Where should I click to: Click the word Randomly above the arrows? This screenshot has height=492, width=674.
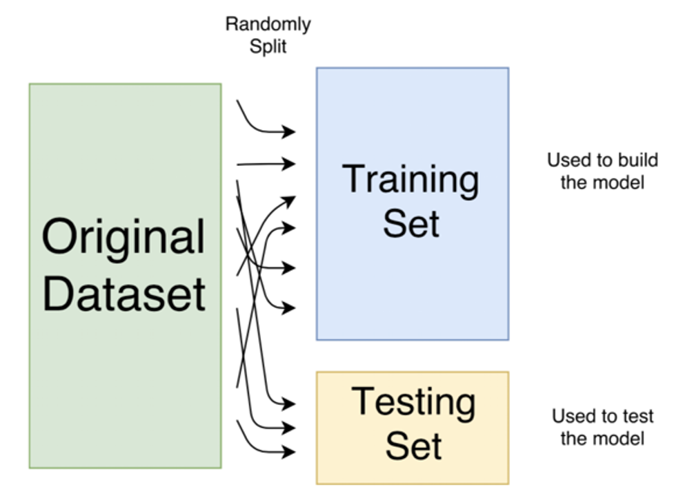click(268, 25)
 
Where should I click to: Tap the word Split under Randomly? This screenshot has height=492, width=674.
click(268, 46)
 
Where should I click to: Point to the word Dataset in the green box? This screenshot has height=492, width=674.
click(123, 294)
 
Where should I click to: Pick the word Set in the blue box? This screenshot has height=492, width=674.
click(411, 223)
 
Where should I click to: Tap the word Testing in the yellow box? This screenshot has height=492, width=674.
click(413, 404)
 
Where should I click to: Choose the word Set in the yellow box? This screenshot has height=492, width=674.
click(413, 446)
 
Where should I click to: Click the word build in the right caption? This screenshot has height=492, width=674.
click(637, 160)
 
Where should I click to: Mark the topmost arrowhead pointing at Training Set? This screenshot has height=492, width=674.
click(289, 131)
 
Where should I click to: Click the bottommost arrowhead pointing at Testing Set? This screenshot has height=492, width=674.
click(289, 451)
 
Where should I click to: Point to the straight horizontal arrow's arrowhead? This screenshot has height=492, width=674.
click(289, 164)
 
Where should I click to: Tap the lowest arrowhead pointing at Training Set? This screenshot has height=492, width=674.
click(289, 307)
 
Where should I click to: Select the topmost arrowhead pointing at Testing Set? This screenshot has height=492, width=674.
click(289, 404)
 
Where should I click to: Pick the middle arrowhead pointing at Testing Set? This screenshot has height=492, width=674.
click(289, 428)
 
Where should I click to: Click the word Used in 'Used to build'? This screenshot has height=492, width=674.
click(565, 160)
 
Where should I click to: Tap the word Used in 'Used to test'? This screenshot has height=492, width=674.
click(570, 416)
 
